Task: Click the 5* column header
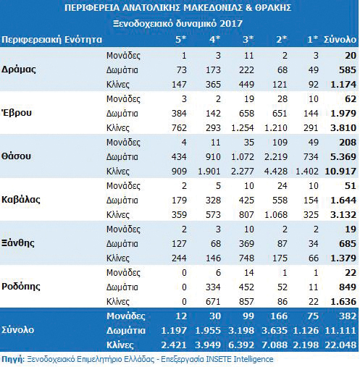[181, 39]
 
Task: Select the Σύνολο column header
[340, 39]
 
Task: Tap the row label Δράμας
[19, 69]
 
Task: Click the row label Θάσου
[16, 156]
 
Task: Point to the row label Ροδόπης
[21, 287]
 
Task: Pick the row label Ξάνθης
[18, 243]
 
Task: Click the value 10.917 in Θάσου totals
[340, 172]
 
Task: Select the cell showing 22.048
[340, 345]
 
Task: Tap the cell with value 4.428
[276, 172]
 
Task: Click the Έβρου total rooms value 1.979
[343, 114]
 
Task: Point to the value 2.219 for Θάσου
[276, 157]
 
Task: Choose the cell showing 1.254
[243, 128]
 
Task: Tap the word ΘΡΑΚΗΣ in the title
[273, 8]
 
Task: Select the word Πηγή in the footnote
[12, 359]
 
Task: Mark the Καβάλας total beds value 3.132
[343, 215]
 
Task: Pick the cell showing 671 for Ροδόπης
[213, 302]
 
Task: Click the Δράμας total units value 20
[351, 56]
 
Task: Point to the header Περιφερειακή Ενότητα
[51, 40]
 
